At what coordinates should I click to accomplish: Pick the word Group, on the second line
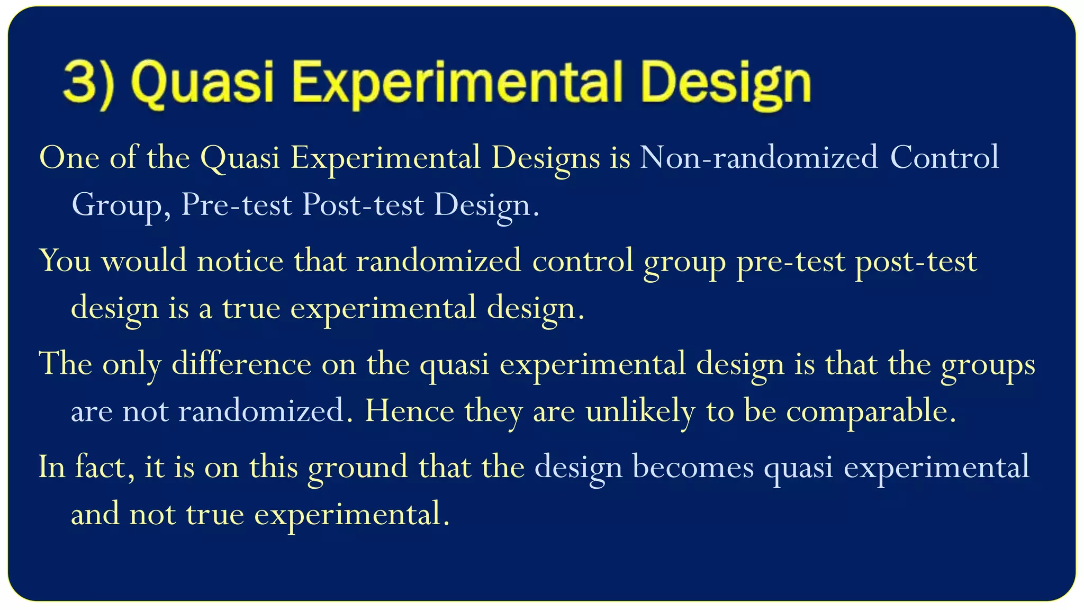pos(121,205)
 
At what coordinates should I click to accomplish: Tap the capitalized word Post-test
pos(363,205)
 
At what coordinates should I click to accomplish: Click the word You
pos(65,261)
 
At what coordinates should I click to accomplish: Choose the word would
pos(144,261)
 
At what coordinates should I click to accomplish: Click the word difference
pos(241,364)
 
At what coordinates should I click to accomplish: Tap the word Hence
pos(409,411)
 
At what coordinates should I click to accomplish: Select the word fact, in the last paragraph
pos(104,467)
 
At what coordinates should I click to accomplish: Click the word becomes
pos(693,467)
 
